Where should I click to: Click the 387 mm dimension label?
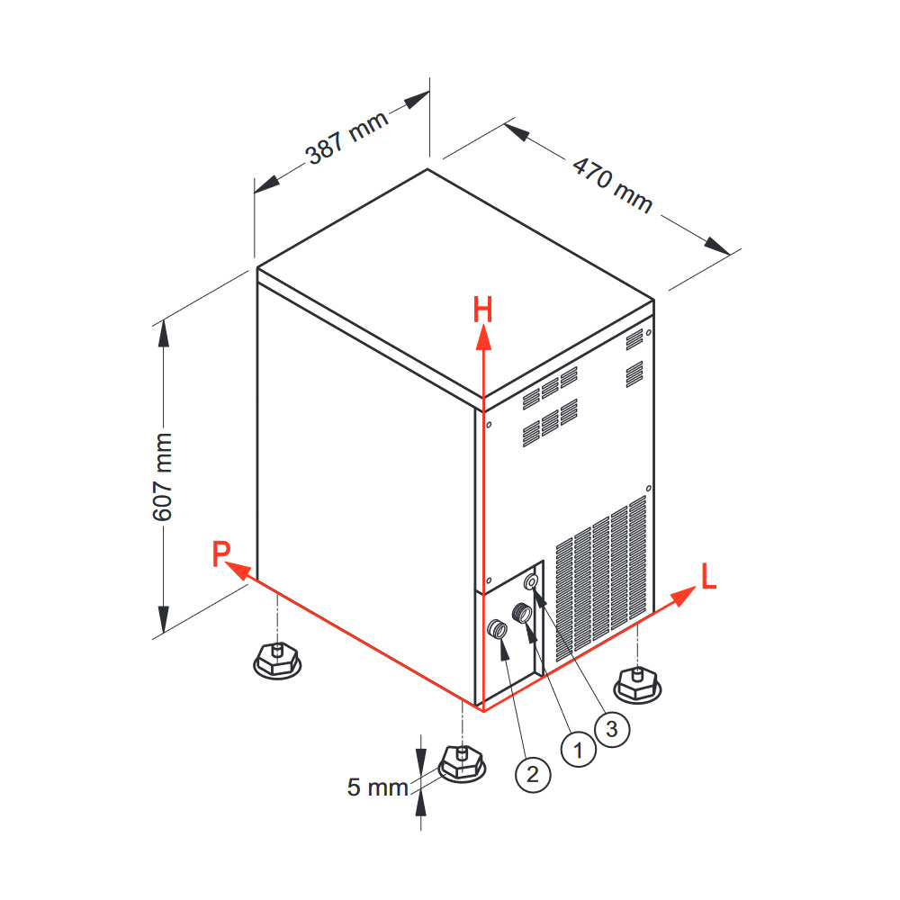tap(347, 139)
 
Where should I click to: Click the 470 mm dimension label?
tap(613, 185)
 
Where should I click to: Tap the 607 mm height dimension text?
tap(163, 477)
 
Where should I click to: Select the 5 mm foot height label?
tap(377, 787)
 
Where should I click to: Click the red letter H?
tap(482, 310)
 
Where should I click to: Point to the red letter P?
tap(221, 553)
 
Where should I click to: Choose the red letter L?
tap(709, 576)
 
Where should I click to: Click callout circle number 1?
tap(578, 750)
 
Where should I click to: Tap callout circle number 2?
tap(533, 774)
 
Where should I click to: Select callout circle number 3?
tap(612, 729)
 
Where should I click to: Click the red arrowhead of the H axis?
tap(483, 337)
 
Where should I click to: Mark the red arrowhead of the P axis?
tap(238, 571)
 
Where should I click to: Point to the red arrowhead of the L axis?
tap(683, 597)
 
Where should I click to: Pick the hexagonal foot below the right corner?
tap(637, 684)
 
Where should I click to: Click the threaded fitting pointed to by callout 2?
tap(497, 629)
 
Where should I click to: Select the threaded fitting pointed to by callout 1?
tap(522, 612)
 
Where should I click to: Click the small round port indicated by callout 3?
tap(532, 582)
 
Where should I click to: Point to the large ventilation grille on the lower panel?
tap(601, 579)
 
